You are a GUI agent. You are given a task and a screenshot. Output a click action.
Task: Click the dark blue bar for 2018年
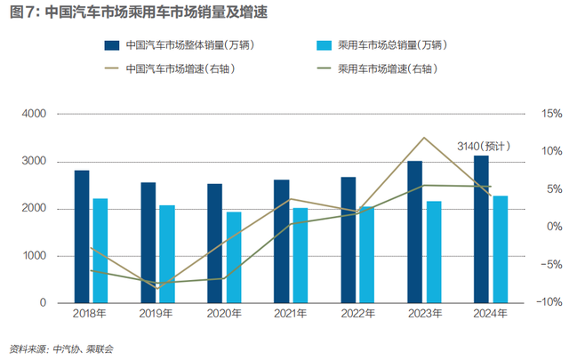[x=82, y=236]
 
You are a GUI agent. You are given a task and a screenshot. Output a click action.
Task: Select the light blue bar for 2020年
[x=234, y=258]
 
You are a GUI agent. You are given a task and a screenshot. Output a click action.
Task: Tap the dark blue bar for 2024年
[x=481, y=229]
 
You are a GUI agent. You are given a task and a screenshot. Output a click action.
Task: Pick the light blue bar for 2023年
[x=433, y=252]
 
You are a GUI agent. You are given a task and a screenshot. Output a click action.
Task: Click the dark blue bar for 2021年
[x=281, y=241]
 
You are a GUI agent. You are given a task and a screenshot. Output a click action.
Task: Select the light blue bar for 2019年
[x=167, y=254]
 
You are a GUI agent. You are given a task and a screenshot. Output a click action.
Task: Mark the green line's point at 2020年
[x=225, y=278]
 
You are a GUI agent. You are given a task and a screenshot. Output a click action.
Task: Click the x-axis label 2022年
[x=357, y=314]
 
